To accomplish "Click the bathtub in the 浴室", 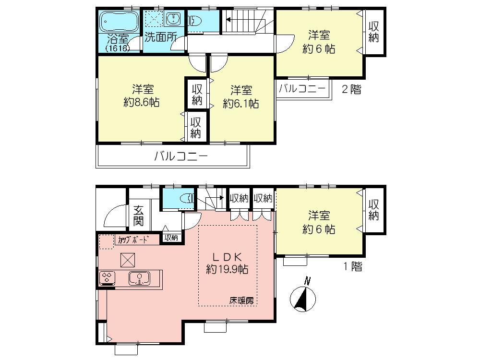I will [119, 21].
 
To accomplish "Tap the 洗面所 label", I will [160, 37].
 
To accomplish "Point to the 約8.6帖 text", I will [142, 102].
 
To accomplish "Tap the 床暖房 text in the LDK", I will [241, 301].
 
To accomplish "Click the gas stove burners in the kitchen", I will [107, 277].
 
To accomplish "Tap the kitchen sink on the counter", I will [139, 277].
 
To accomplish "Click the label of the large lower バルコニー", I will [180, 156].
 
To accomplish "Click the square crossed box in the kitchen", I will [128, 260].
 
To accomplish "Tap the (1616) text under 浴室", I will [118, 48].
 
